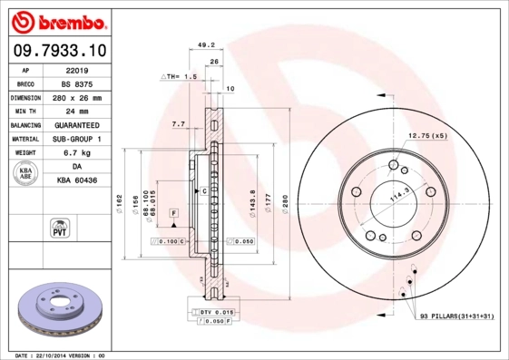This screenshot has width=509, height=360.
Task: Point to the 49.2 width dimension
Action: [x=205, y=44]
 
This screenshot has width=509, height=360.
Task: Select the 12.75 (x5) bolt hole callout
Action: [x=427, y=136]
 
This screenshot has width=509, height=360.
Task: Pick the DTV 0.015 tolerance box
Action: [x=210, y=312]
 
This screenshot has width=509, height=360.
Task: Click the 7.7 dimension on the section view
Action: [x=178, y=123]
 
